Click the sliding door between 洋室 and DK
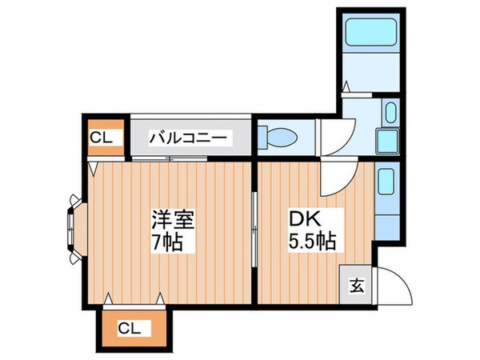(x=254, y=232)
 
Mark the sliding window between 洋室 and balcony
(x=170, y=158)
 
